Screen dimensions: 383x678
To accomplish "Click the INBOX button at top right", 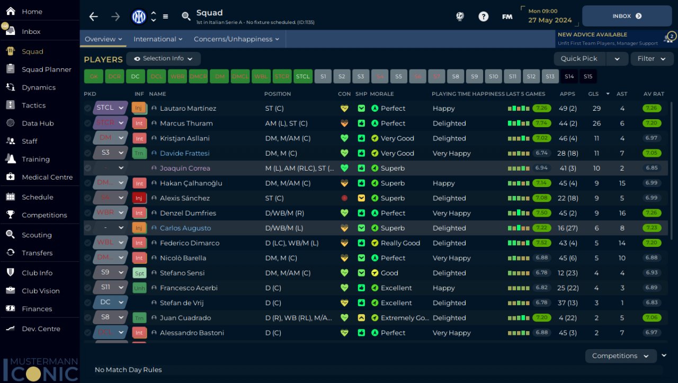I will pos(627,16).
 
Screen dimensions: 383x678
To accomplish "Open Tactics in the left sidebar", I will pos(33,105).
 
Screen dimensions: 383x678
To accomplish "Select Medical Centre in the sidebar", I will pos(47,177).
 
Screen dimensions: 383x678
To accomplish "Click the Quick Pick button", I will pos(579,59).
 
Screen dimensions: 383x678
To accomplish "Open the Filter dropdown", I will pos(651,59).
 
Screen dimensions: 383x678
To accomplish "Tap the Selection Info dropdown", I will pos(163,59).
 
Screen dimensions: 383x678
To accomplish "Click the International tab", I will pos(157,39).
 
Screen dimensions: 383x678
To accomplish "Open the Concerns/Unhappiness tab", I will pos(236,39).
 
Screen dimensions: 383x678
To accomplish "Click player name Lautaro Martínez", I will pos(188,109).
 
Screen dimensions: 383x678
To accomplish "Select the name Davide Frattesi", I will pos(185,153).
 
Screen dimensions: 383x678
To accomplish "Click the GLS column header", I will pos(593,94).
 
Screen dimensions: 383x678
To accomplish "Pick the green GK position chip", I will pos(93,76).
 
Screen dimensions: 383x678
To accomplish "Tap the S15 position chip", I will pos(588,76).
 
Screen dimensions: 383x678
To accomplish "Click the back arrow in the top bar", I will pos(94,16).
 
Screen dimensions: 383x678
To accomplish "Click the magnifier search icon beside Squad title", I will pos(186,16).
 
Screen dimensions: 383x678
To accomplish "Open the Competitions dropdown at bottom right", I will pos(620,356).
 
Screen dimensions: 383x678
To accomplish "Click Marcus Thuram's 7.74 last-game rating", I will pos(542,123).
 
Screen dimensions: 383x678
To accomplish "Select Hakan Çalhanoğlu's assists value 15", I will pos(622,183).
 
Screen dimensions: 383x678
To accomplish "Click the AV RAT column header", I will pos(653,94).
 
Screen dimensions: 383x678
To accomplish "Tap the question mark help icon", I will pos(483,16).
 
